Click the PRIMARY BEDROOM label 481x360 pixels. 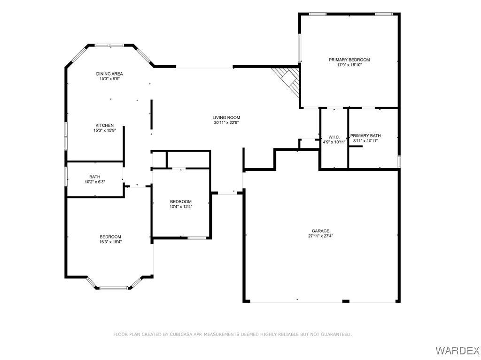(349, 60)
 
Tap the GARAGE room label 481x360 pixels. (320, 231)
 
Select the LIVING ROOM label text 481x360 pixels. (226, 117)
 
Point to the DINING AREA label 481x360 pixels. (109, 74)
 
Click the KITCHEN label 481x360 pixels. (104, 125)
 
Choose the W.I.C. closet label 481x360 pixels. (334, 137)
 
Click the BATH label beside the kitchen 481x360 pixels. (95, 177)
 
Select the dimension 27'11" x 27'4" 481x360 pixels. (320, 237)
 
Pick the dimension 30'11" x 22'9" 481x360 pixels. (226, 123)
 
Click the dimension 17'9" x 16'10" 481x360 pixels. (349, 65)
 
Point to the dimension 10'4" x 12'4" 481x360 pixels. (181, 207)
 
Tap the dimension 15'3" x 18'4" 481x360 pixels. (110, 242)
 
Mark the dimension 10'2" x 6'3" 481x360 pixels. (95, 182)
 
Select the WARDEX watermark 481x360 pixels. (457, 350)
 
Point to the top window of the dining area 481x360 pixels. (109, 45)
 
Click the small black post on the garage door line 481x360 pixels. (346, 301)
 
